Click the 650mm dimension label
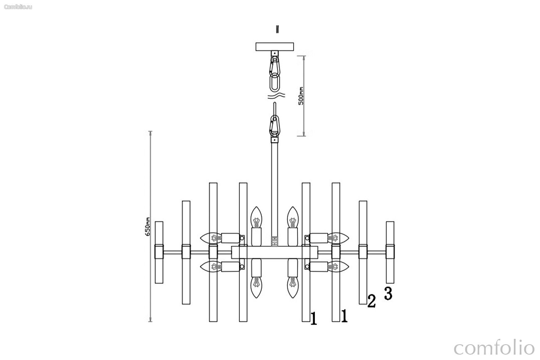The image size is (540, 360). (147, 227)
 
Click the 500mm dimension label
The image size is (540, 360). (301, 96)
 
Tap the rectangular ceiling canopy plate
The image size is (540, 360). (275, 47)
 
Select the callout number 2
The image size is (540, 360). (371, 301)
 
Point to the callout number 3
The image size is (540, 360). (388, 293)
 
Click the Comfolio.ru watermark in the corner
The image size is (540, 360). (18, 7)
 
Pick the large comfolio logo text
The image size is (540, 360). (494, 347)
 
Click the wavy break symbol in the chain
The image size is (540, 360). (276, 96)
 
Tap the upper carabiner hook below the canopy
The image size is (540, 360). (275, 66)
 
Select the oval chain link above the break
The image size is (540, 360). (275, 82)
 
